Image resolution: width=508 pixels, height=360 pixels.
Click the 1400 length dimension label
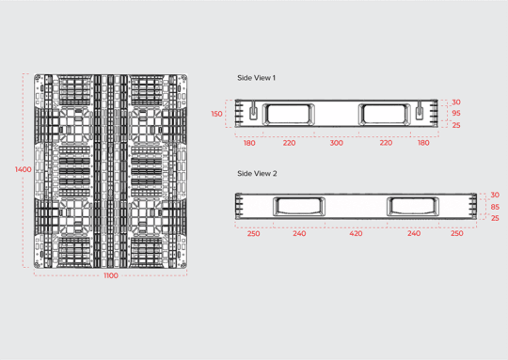(x=23, y=169)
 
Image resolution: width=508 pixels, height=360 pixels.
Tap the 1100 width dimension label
(x=111, y=275)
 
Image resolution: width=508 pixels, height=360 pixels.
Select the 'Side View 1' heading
(x=256, y=77)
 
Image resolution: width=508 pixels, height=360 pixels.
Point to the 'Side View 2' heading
(x=256, y=173)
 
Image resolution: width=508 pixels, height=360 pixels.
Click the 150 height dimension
(x=217, y=114)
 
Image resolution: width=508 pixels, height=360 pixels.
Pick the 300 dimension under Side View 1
(x=336, y=143)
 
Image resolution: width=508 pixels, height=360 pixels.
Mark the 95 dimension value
(x=456, y=114)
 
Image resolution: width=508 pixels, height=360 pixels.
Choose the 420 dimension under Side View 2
(x=356, y=233)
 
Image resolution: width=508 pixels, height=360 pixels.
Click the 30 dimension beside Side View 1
(x=456, y=102)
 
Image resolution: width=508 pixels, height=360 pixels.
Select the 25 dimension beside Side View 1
(x=456, y=125)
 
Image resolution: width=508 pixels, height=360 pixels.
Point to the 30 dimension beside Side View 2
(x=495, y=195)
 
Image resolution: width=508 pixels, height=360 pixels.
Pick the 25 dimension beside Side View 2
(x=495, y=218)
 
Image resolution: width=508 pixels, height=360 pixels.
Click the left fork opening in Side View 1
(x=290, y=114)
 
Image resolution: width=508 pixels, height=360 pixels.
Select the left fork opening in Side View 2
(x=299, y=205)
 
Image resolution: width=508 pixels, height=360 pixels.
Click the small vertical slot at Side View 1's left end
(x=252, y=113)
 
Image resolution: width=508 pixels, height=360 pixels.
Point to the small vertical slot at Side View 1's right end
(x=420, y=113)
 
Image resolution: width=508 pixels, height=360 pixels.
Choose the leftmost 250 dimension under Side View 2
(x=253, y=233)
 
